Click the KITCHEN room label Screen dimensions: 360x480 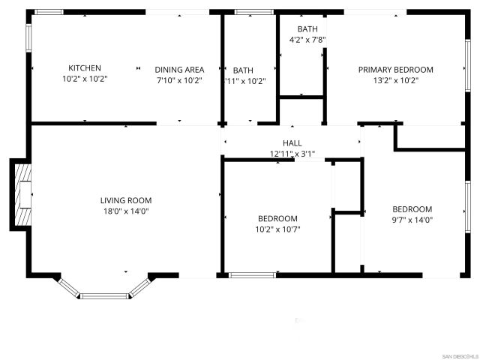pyautogui.click(x=85, y=68)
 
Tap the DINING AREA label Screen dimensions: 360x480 pyautogui.click(x=179, y=68)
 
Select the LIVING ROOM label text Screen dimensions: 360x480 pyautogui.click(x=126, y=200)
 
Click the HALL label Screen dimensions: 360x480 pyautogui.click(x=292, y=143)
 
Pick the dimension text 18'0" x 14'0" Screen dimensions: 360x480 pyautogui.click(x=126, y=211)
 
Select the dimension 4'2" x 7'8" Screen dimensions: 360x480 pyautogui.click(x=307, y=40)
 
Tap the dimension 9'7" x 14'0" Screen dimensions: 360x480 pyautogui.click(x=412, y=220)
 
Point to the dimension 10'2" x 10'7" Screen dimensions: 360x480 pyautogui.click(x=277, y=229)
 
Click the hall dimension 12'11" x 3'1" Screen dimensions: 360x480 pyautogui.click(x=292, y=154)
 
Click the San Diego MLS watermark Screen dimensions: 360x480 pyautogui.click(x=458, y=355)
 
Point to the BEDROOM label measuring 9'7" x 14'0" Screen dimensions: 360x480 pyautogui.click(x=412, y=209)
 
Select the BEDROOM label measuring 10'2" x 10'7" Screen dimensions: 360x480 pyautogui.click(x=277, y=219)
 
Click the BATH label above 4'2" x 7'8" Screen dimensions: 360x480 pyautogui.click(x=307, y=29)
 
